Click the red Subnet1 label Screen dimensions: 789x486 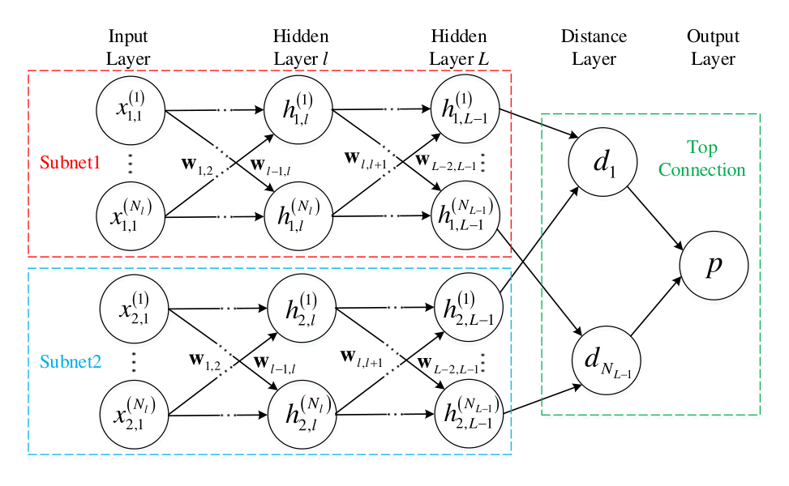point(70,162)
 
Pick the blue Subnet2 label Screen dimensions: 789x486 point(71,361)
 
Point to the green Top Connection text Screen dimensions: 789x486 point(702,158)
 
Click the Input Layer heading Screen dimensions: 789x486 point(128,47)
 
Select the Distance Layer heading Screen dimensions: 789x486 point(594,47)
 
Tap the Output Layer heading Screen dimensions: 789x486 point(713,47)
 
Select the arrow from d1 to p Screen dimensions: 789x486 point(655,218)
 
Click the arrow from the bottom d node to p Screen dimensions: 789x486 point(656,306)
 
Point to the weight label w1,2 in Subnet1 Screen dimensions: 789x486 point(197,165)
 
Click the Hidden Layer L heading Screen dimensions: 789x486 point(459,47)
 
